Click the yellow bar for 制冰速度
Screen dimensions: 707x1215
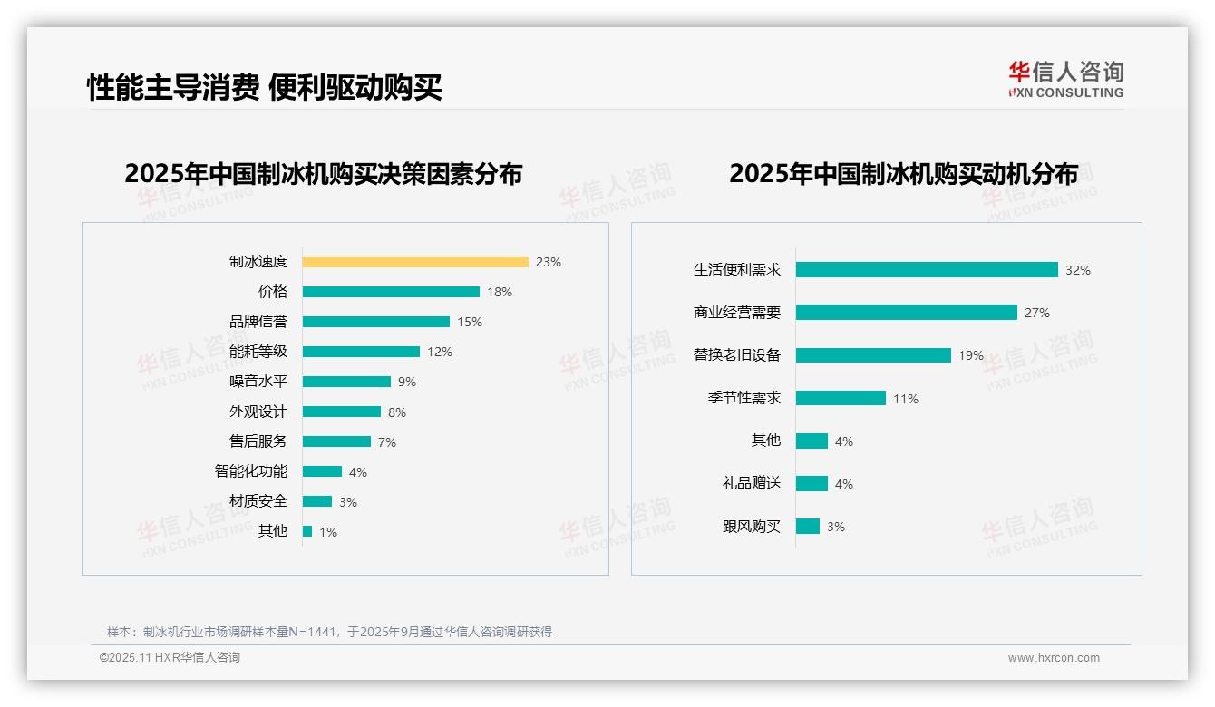click(x=415, y=262)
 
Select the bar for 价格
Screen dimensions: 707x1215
click(x=391, y=292)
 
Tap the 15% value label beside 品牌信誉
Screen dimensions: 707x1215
click(x=470, y=322)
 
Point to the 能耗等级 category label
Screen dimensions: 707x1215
click(x=258, y=352)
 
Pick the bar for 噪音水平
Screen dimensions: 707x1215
click(x=346, y=382)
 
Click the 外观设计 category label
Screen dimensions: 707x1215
click(x=258, y=412)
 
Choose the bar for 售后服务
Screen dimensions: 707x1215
click(x=336, y=441)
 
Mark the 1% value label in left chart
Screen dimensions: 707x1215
click(x=328, y=532)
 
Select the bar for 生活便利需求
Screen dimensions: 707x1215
click(x=927, y=270)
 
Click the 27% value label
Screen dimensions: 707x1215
click(x=1037, y=313)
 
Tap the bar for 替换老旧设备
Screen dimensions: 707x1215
click(x=873, y=355)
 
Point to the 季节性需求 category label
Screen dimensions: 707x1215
click(x=744, y=398)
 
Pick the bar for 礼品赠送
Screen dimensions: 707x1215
click(x=812, y=484)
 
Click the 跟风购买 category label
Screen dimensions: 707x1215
click(x=752, y=527)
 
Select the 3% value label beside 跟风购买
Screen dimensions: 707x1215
click(x=836, y=527)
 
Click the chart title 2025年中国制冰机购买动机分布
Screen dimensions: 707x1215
click(x=903, y=174)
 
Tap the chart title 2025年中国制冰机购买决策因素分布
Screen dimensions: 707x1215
click(x=324, y=174)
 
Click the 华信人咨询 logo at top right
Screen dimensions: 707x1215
click(x=1065, y=79)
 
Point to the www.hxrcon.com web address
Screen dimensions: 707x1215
click(x=1054, y=658)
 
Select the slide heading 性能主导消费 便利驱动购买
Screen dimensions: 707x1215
click(x=265, y=87)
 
